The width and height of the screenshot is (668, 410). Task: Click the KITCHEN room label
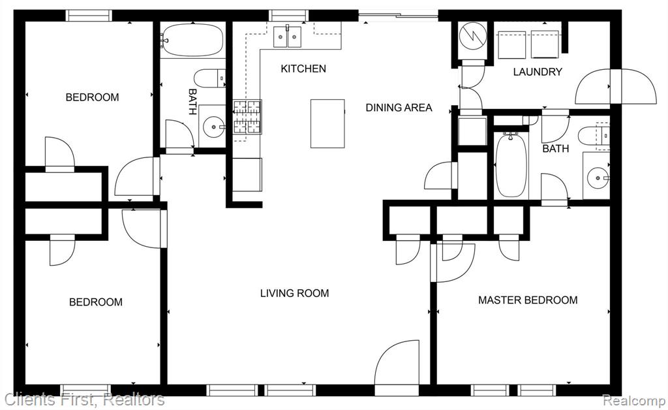click(x=303, y=69)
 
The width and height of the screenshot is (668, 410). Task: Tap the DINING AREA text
click(x=399, y=108)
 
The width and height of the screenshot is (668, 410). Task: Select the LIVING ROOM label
click(x=294, y=293)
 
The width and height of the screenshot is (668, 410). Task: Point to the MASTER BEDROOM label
click(x=528, y=300)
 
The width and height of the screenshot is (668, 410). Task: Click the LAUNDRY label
click(x=538, y=72)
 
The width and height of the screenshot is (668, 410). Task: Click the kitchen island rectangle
click(x=327, y=123)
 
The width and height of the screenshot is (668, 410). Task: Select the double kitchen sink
click(x=287, y=37)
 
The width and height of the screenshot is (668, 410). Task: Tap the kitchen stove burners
click(x=247, y=118)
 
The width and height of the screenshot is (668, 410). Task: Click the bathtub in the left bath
click(x=193, y=40)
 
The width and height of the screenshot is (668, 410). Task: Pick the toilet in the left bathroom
click(x=209, y=78)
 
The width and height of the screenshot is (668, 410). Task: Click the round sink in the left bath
click(x=213, y=127)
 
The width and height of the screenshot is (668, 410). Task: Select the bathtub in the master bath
click(x=511, y=165)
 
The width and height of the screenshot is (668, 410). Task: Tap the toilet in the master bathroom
click(x=594, y=136)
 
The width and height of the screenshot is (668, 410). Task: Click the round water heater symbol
click(x=473, y=36)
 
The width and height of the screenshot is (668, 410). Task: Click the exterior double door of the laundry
click(x=615, y=87)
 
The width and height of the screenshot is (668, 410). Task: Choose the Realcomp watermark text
click(x=634, y=401)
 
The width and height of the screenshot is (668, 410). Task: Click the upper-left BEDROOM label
click(x=92, y=97)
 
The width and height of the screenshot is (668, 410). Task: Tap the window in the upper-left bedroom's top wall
click(x=89, y=16)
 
